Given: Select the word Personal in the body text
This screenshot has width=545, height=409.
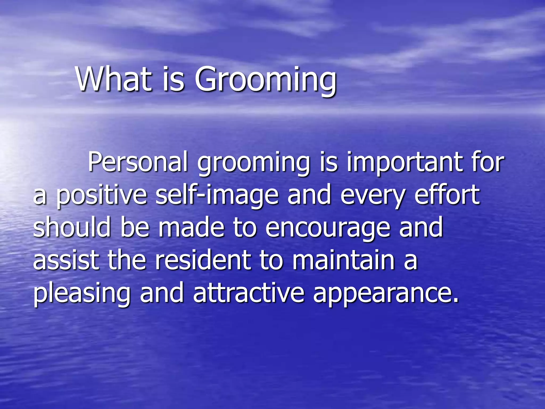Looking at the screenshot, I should coord(138,162).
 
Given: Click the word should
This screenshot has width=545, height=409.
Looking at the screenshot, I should coord(72,227).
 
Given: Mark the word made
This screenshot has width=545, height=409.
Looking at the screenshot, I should coord(191,227).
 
